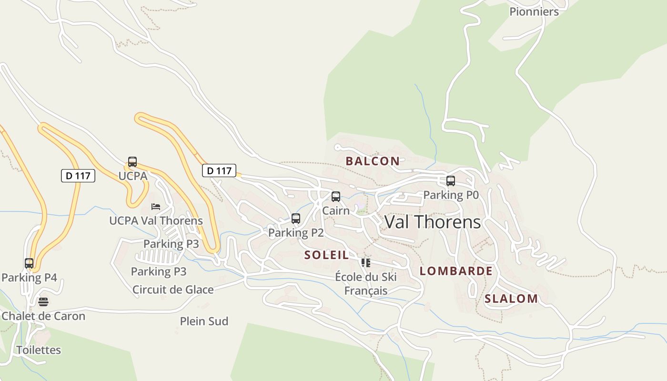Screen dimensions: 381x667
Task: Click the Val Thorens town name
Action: (x=432, y=222)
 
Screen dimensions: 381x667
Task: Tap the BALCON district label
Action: (x=373, y=161)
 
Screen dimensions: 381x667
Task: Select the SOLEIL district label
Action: (x=327, y=255)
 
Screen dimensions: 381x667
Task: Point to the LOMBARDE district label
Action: (x=456, y=271)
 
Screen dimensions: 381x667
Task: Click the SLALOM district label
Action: (x=511, y=299)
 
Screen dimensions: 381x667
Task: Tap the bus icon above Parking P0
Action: (x=450, y=181)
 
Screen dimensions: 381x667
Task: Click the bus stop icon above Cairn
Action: (x=335, y=197)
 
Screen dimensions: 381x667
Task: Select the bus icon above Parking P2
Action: (x=295, y=219)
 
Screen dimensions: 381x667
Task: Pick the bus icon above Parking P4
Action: (x=29, y=263)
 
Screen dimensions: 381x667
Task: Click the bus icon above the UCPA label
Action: (x=132, y=162)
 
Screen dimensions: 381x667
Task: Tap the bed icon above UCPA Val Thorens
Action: (x=155, y=207)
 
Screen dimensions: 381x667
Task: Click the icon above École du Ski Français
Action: (x=365, y=263)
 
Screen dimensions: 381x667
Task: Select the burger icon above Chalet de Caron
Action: (x=43, y=302)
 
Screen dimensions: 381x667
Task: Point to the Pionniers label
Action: (x=534, y=11)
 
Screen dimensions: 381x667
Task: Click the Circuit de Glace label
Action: (x=173, y=290)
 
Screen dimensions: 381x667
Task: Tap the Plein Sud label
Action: (x=204, y=321)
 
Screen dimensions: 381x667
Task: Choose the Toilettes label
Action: (x=39, y=350)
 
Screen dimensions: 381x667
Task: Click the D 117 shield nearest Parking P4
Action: (x=78, y=175)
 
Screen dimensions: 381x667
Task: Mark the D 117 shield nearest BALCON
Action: (x=219, y=170)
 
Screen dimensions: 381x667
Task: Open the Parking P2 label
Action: (x=296, y=233)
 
